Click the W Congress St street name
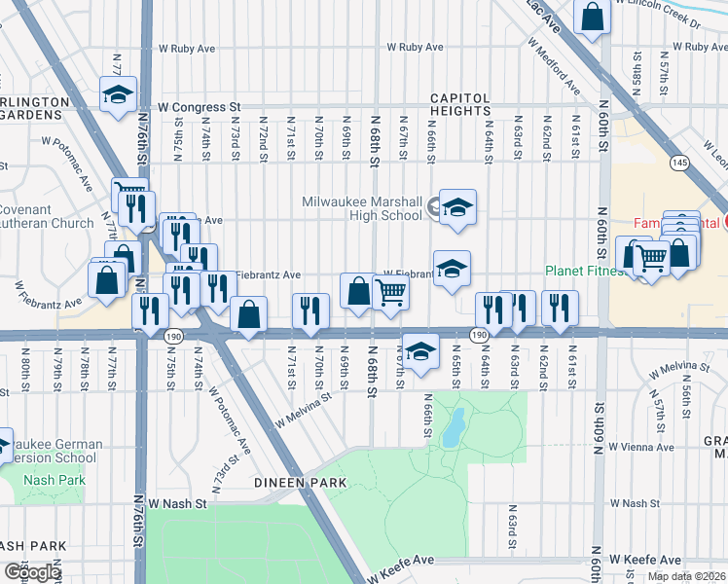[x=200, y=106]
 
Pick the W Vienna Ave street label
[x=640, y=447]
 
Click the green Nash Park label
[x=55, y=480]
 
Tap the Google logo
[x=31, y=572]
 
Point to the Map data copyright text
[x=686, y=576]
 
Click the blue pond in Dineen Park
[x=452, y=428]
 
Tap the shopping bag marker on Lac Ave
[x=592, y=17]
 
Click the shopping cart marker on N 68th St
[x=390, y=292]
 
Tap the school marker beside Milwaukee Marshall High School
[x=456, y=207]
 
